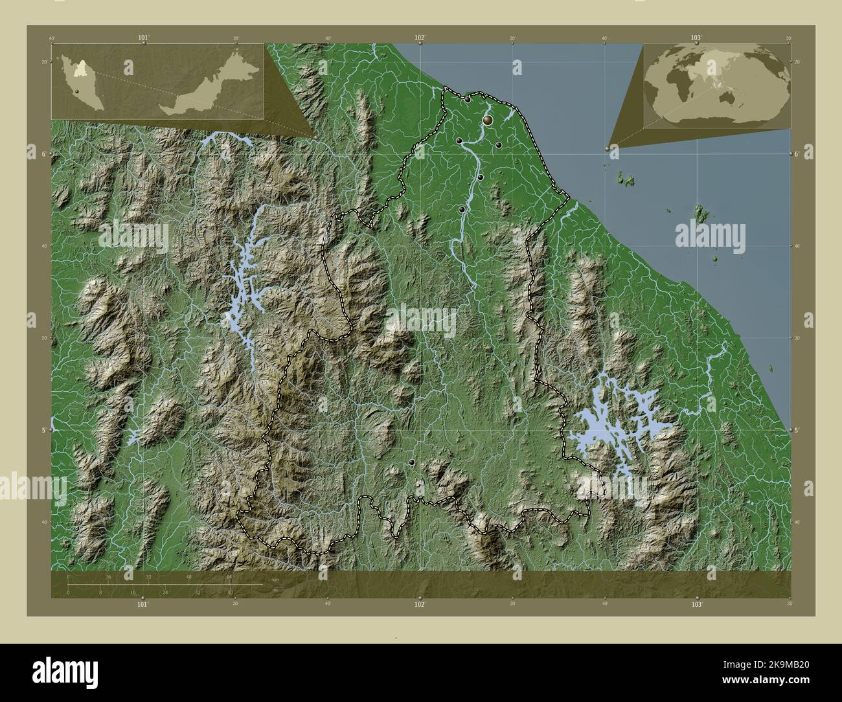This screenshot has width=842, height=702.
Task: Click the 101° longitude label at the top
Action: coord(143,38)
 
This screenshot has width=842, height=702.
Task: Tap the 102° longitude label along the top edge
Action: coord(420,38)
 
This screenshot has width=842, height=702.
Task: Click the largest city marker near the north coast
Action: coord(488,120)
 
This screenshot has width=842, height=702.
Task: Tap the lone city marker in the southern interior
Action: coord(412,462)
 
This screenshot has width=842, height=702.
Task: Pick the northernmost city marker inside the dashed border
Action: coord(468,100)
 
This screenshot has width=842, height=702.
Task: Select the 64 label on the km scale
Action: coord(229,576)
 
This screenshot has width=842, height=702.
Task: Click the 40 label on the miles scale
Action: coord(230,592)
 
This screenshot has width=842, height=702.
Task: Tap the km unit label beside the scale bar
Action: coord(275,579)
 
